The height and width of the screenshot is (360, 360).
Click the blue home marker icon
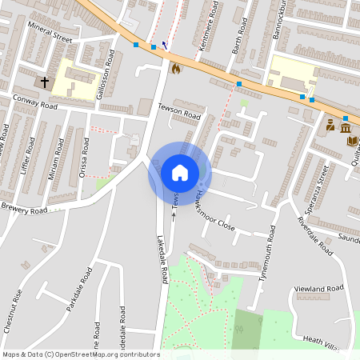pyautogui.click(x=179, y=172)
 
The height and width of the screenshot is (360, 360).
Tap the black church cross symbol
pyautogui.click(x=45, y=82)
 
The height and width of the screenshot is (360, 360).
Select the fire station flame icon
pyautogui.click(x=176, y=69)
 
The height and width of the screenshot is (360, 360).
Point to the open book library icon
pyautogui.click(x=352, y=142)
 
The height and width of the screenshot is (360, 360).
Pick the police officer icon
pyautogui.click(x=330, y=126)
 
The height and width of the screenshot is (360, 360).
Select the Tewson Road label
pyautogui.click(x=178, y=115)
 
